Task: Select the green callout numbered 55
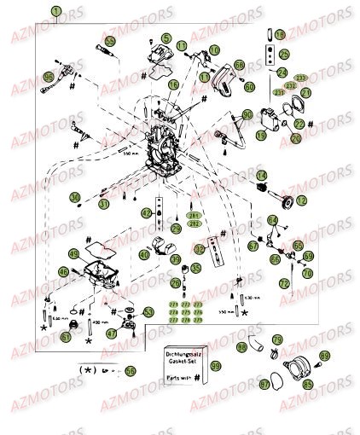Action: coord(109,41)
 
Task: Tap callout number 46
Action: coord(63,272)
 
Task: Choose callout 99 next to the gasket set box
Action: coord(216,366)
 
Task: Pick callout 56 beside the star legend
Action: coord(130,371)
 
